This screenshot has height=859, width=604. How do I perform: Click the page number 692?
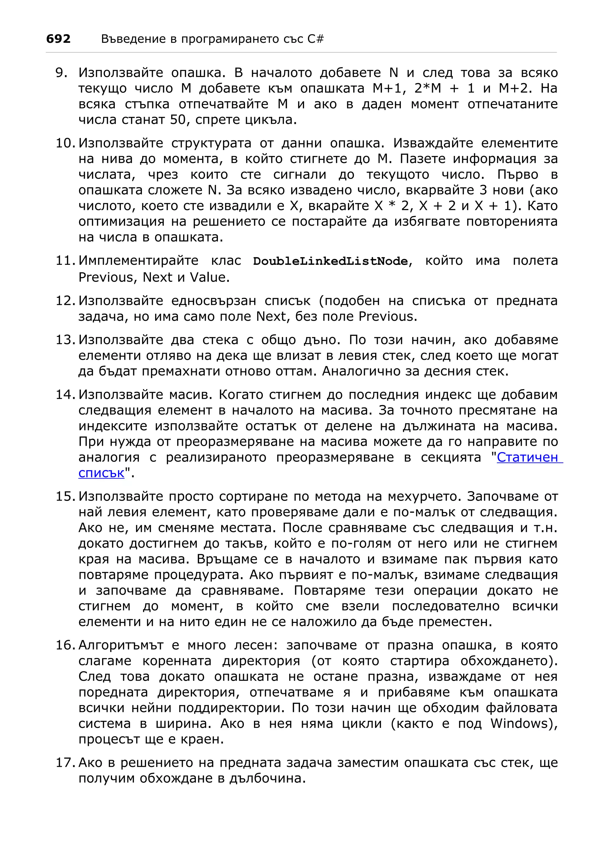coord(58,39)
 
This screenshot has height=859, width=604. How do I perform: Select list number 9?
coord(61,73)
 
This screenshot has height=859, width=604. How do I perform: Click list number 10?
coord(65,143)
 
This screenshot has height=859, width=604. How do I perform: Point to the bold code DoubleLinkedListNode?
coord(330,261)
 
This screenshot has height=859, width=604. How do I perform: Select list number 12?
coord(65,300)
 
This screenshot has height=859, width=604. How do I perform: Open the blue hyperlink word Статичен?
coord(528,457)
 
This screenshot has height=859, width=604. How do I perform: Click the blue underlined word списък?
coord(101,473)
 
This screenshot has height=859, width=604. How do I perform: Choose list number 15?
coord(65,496)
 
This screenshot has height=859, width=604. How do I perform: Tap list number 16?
coord(65,645)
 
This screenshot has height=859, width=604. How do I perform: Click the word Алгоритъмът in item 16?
coord(121,645)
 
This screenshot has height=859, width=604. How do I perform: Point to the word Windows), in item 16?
coord(524,724)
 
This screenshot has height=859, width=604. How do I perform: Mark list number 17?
coord(65,763)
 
